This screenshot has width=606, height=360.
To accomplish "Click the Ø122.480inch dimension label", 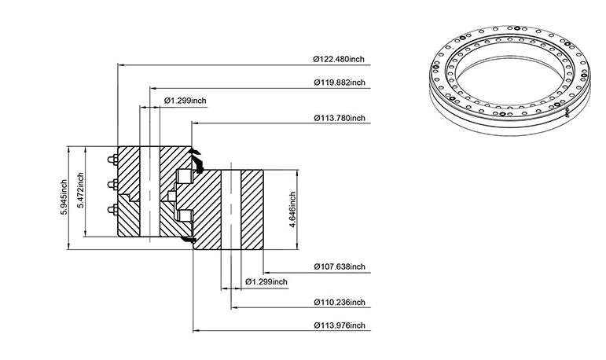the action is [x=339, y=59].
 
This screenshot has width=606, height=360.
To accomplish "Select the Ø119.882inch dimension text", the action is [x=340, y=83].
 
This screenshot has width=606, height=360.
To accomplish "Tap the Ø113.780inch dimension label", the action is [x=340, y=118].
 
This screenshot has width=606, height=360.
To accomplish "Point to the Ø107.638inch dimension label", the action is [x=340, y=266].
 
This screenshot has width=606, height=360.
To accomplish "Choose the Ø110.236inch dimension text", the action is [x=340, y=302].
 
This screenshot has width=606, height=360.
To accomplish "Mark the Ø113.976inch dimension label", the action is [x=340, y=325].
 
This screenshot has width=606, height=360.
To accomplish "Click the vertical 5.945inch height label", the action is [x=64, y=197].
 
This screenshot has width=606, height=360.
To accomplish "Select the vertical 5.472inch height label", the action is [x=80, y=190].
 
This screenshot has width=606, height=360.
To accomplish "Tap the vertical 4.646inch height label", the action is [x=292, y=210].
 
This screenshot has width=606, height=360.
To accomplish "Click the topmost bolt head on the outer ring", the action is [x=113, y=160].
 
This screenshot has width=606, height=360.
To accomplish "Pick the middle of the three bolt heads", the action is [x=113, y=185].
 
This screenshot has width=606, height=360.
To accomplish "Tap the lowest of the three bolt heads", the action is [x=113, y=210].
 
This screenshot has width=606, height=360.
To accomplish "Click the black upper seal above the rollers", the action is [x=197, y=160].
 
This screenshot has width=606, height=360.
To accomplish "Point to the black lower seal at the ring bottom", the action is [x=189, y=240].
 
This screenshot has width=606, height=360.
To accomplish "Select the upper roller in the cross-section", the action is [x=184, y=176].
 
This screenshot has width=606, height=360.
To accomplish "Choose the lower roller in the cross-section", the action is [x=185, y=216].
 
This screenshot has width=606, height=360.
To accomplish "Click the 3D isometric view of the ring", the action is [x=509, y=80].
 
